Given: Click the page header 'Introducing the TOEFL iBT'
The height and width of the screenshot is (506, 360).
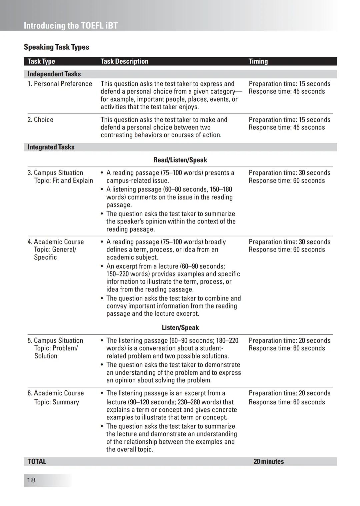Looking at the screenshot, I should coord(71,26).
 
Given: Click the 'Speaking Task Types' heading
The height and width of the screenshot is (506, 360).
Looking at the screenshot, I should coord(56,47).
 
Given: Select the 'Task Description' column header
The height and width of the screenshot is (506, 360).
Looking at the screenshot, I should coord(124,61).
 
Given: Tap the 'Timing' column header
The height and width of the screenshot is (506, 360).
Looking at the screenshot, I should coord(258,61).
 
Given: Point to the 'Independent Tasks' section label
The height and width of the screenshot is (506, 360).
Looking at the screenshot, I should coord(54,74).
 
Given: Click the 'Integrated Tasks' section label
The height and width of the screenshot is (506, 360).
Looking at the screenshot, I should coord(51,147).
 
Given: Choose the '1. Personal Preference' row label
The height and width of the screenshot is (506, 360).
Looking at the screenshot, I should coord(60,84).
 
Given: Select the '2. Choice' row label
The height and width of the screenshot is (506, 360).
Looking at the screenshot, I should coord(40,120).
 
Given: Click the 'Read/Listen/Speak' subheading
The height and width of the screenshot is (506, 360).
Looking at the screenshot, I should coord(180,160).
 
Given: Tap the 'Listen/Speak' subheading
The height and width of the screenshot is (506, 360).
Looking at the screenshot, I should coord(180,327).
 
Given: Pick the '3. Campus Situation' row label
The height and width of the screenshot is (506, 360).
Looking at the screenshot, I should coord(55,173).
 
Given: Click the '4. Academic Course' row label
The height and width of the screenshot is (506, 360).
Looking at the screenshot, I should coord(56,242).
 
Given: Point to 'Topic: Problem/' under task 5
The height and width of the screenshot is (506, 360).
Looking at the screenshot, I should coord(56,348).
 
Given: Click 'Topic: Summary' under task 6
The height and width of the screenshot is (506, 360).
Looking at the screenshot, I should coord(57,402).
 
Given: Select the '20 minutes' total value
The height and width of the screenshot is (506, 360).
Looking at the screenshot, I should coord(268,461).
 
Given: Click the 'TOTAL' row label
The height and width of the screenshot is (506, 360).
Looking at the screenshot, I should coord(37,461).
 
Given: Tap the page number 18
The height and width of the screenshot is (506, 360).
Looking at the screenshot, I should coord(31,480).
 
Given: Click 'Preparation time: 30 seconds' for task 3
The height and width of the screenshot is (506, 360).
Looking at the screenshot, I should coord(289,173).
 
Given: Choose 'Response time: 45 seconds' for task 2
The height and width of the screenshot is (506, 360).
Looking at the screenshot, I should coord(287,127).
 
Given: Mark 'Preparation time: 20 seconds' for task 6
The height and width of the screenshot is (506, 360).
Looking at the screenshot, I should coord(289,393).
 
